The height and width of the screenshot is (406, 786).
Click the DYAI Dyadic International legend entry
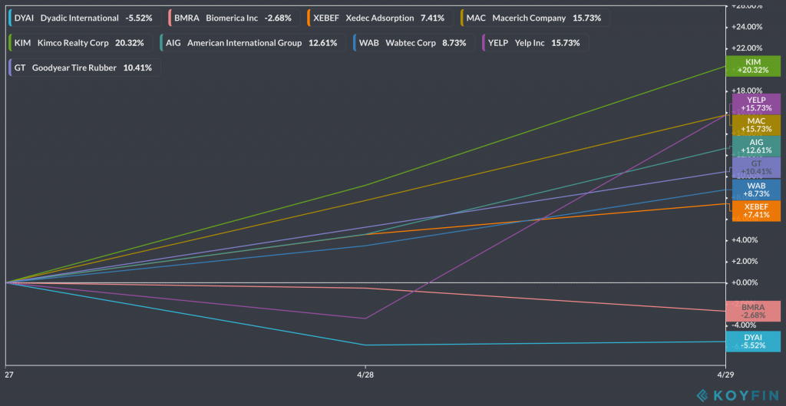(x=81, y=18)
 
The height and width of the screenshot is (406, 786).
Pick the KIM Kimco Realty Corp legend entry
(x=78, y=42)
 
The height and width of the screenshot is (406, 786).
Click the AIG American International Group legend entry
(x=250, y=42)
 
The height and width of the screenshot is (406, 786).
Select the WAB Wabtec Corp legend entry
(x=411, y=42)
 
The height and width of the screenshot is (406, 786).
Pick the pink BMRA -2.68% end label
(x=753, y=311)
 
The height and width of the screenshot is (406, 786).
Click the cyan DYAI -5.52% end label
(x=753, y=341)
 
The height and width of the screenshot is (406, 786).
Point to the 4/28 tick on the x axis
(x=365, y=375)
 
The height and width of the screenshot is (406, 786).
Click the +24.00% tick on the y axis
(x=748, y=26)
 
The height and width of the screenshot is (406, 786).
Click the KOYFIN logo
(x=736, y=396)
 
